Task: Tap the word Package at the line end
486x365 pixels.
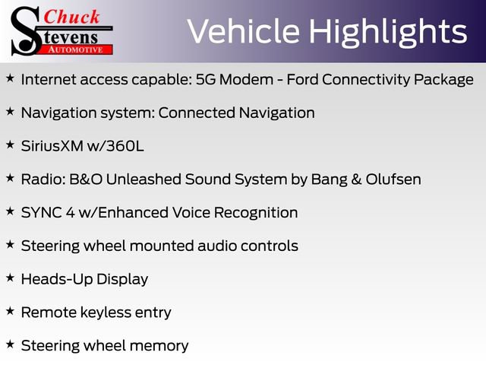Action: coord(443,79)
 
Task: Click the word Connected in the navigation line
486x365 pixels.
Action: coord(199,113)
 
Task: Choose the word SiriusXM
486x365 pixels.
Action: coord(52,146)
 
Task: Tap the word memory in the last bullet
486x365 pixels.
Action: coord(158,345)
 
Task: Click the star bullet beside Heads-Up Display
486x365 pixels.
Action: coord(10,278)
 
